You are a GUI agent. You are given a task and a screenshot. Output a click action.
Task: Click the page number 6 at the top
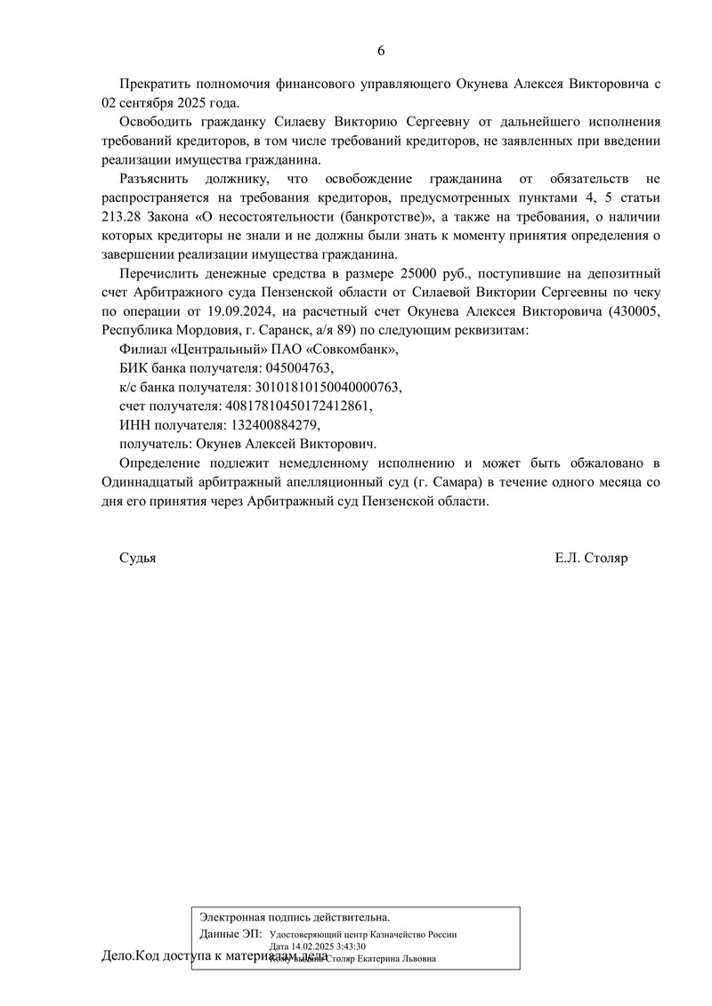(381, 51)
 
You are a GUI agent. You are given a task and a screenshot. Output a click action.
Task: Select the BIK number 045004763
(296, 367)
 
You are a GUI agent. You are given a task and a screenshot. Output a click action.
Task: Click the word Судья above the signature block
(137, 558)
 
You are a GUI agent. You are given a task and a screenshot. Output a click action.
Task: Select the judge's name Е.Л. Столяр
(591, 558)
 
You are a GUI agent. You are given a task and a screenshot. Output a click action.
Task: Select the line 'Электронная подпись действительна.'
(295, 916)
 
